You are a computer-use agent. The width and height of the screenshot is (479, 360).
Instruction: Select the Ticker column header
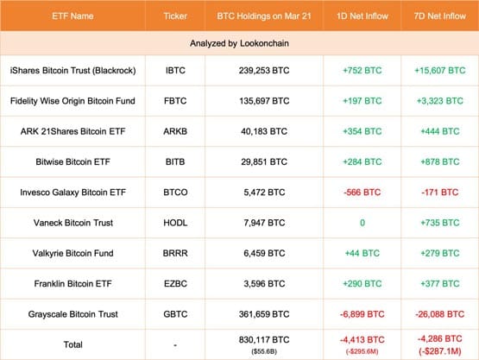175,16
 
